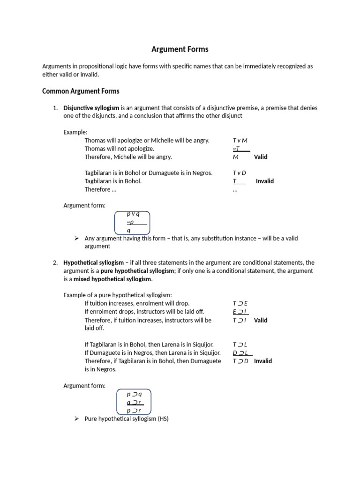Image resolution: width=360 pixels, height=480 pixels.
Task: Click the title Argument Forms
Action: tap(180, 49)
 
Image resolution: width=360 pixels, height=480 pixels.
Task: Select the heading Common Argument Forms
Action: tap(81, 91)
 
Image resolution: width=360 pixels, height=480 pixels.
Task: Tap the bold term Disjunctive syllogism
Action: tap(91, 108)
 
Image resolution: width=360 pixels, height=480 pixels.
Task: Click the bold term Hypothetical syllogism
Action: tap(94, 262)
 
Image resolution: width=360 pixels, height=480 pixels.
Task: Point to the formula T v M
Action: tap(240, 140)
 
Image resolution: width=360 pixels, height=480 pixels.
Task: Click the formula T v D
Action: tap(239, 173)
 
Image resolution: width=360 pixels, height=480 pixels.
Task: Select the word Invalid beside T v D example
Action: tap(265, 181)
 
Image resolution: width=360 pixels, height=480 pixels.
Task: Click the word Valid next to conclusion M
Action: tap(261, 157)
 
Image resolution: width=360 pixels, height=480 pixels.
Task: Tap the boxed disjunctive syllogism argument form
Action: tap(133, 222)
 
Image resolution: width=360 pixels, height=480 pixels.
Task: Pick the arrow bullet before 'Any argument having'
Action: tap(77, 238)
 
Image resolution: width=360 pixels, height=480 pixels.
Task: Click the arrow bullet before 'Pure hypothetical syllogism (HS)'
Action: tap(77, 418)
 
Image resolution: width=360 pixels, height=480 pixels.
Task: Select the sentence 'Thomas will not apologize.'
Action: tap(120, 149)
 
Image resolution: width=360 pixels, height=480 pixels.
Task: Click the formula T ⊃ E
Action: tap(240, 303)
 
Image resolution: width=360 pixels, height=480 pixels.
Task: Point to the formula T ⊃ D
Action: tap(240, 361)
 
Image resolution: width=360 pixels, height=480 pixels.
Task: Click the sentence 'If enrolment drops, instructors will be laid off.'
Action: tap(144, 312)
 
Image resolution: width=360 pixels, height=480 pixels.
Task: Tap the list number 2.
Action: tap(55, 262)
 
